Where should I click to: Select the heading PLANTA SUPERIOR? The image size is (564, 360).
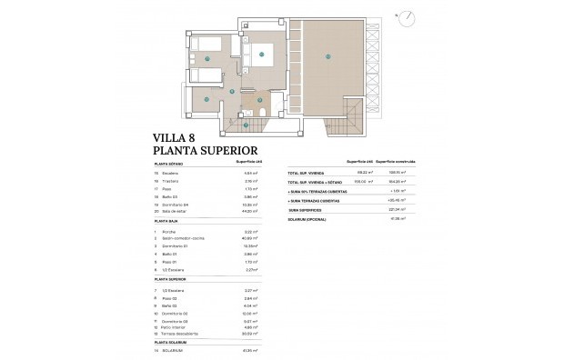pos(207,152)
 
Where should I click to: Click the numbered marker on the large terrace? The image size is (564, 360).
pos(326,55)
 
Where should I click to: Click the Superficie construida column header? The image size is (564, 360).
pos(394,160)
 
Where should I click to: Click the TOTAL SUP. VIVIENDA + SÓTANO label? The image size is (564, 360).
pos(314,181)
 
